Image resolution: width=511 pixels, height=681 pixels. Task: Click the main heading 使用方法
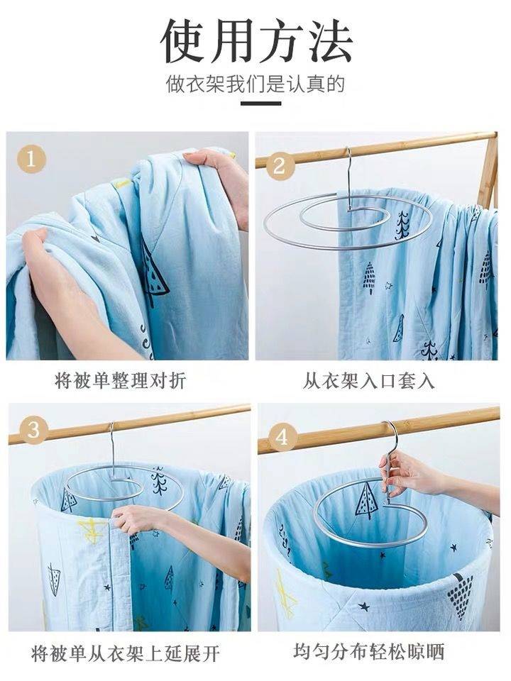tap(256, 40)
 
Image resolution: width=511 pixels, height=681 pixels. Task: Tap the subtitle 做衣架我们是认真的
tap(255, 84)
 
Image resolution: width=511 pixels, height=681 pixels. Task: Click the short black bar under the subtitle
tap(260, 104)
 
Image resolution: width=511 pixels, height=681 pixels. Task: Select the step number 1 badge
tap(31, 159)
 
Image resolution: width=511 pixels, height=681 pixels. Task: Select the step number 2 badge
tap(279, 166)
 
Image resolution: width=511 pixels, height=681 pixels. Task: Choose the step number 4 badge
tap(282, 436)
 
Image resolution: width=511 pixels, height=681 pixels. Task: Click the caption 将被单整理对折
tap(121, 381)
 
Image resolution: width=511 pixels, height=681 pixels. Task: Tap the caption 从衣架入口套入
tap(368, 381)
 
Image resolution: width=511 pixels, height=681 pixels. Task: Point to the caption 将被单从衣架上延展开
tap(126, 653)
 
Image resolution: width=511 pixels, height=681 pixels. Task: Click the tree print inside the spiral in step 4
tap(365, 500)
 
